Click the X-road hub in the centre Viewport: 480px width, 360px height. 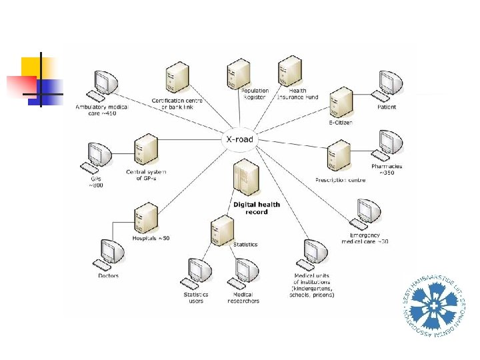(238, 140)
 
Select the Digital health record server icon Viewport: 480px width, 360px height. (245, 180)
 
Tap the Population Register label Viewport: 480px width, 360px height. (255, 94)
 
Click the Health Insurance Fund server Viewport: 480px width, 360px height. (290, 71)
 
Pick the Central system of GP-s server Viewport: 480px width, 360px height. (145, 151)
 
